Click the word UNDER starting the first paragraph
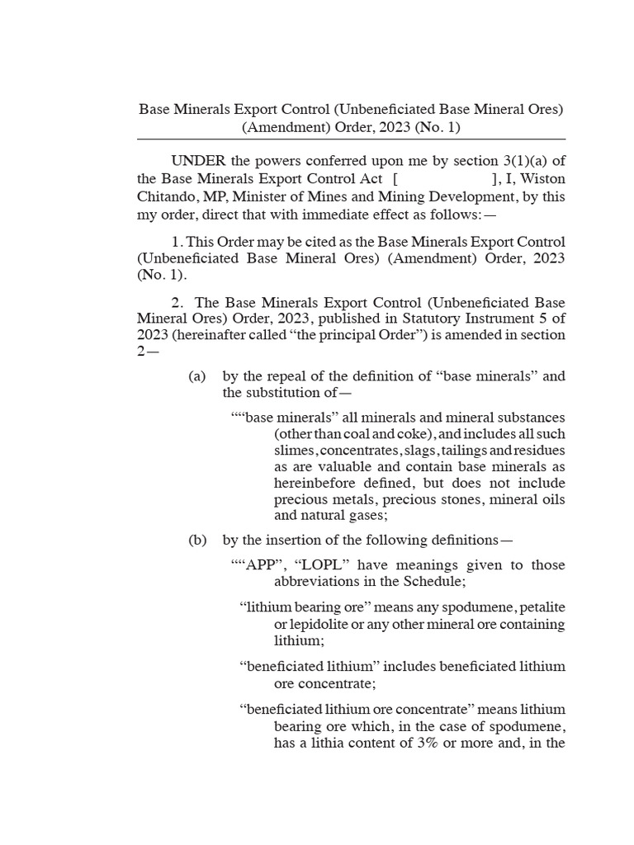pos(195,160)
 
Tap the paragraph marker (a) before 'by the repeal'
pos(196,376)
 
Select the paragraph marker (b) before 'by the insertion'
pos(196,541)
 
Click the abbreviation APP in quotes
pos(258,565)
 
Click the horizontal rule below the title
pos(351,139)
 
